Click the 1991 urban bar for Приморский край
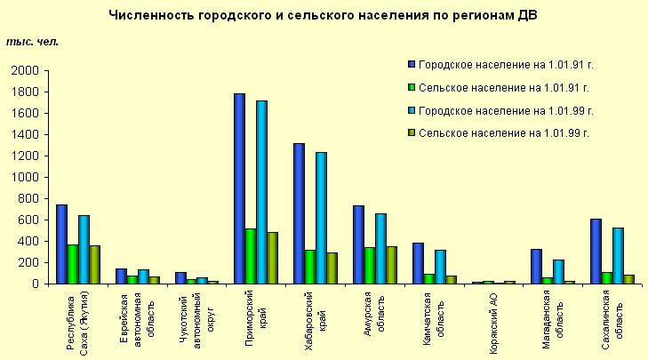(239, 188)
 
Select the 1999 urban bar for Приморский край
(261, 192)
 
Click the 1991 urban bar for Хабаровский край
(299, 213)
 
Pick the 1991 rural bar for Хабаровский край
(310, 267)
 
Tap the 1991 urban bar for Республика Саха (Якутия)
(61, 244)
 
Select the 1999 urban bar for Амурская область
(380, 249)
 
